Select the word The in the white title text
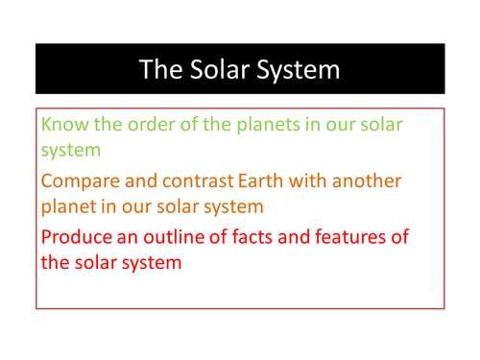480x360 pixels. [156, 69]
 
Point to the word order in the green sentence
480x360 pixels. [153, 125]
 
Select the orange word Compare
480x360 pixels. [84, 180]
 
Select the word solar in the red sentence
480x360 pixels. [94, 260]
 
